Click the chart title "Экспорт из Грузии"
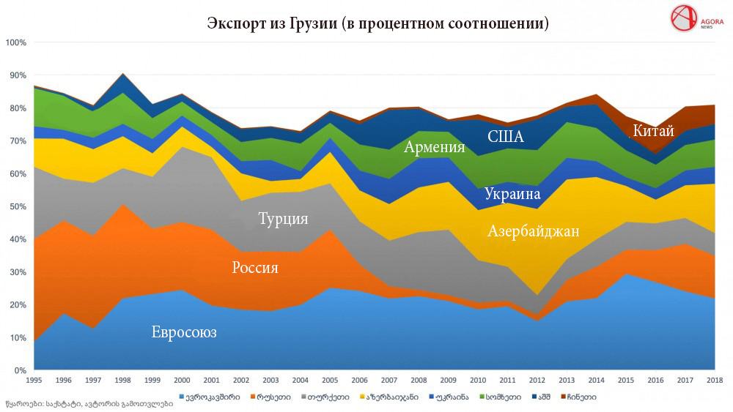(377, 23)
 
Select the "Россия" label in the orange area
(254, 268)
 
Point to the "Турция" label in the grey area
(282, 219)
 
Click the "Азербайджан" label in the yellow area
(533, 232)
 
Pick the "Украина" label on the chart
(512, 194)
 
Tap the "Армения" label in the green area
(435, 148)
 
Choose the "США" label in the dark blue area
(505, 136)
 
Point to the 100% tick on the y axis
(15, 42)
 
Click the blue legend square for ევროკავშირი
(182, 397)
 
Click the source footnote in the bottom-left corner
(89, 403)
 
